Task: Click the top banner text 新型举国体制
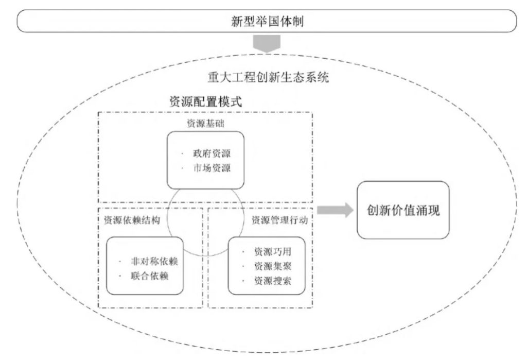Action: click(267, 21)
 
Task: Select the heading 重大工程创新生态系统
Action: click(268, 77)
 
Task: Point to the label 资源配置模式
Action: click(205, 101)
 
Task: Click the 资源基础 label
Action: click(205, 124)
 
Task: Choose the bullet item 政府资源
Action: click(212, 153)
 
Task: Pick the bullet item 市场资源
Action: click(212, 168)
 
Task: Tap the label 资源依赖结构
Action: click(132, 220)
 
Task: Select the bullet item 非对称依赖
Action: click(154, 262)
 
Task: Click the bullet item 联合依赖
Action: click(150, 276)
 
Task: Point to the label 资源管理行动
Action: click(279, 220)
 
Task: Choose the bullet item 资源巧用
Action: click(273, 252)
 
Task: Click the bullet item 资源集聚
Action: click(273, 266)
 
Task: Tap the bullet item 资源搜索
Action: click(273, 281)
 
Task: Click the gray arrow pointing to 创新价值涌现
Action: click(335, 210)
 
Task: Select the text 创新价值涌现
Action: click(403, 210)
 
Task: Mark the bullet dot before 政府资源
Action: click(183, 153)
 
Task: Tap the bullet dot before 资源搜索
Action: click(243, 281)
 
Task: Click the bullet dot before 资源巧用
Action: click(243, 252)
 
